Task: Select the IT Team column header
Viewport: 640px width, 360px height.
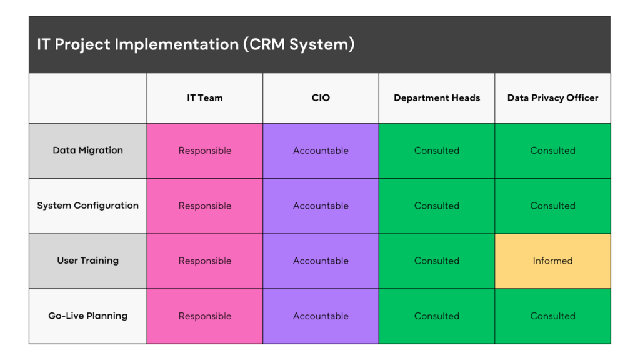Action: pyautogui.click(x=205, y=97)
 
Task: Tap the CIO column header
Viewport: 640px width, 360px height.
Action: pyautogui.click(x=321, y=97)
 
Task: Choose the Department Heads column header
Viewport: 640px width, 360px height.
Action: pyautogui.click(x=437, y=97)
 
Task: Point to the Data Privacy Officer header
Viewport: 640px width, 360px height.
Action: pyautogui.click(x=552, y=97)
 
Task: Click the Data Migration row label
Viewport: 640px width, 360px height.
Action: pyautogui.click(x=88, y=151)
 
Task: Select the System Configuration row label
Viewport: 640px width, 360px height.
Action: pyautogui.click(x=88, y=206)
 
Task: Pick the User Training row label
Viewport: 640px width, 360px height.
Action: pyautogui.click(x=88, y=261)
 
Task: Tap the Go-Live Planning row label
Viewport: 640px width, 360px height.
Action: pyautogui.click(x=88, y=316)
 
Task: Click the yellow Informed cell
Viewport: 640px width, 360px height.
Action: pyautogui.click(x=552, y=261)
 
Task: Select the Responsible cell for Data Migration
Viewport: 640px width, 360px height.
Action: pyautogui.click(x=205, y=151)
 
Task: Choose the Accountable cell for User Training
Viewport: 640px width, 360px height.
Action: pyautogui.click(x=321, y=261)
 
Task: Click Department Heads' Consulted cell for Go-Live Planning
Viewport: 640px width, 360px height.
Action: pyautogui.click(x=437, y=316)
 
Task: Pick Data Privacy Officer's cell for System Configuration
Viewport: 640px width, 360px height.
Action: pyautogui.click(x=552, y=206)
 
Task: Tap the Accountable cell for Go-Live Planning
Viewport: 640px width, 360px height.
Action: pyautogui.click(x=321, y=316)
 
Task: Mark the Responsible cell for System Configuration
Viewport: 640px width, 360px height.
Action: pyautogui.click(x=205, y=206)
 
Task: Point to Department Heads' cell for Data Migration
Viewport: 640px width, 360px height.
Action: pyautogui.click(x=437, y=151)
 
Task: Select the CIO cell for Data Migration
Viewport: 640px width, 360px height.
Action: pyautogui.click(x=321, y=151)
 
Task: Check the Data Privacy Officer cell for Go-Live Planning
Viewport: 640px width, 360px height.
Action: pyautogui.click(x=552, y=316)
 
